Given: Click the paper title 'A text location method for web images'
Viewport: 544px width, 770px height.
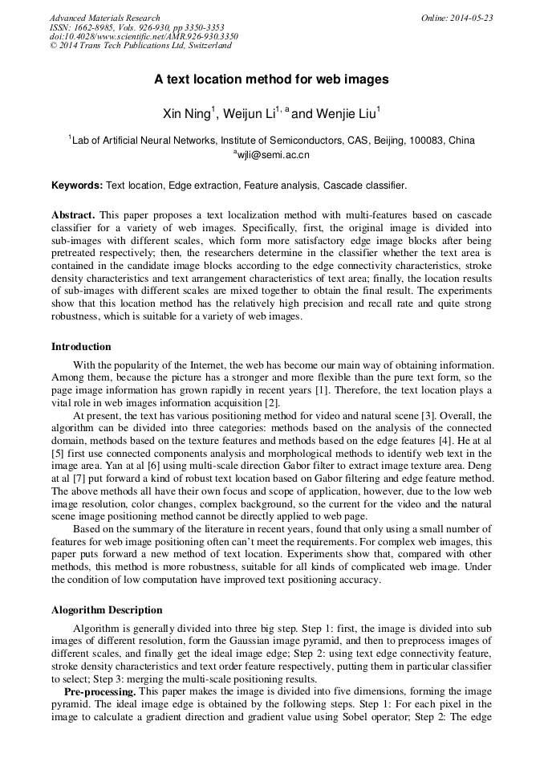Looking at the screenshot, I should click(x=271, y=79).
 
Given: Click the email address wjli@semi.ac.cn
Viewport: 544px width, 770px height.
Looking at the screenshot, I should click(x=273, y=154).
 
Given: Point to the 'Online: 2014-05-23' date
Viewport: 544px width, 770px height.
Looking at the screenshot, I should click(x=457, y=18).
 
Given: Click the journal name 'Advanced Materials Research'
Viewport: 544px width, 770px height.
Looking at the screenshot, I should click(x=104, y=18).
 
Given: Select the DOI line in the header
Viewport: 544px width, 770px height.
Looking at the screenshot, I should click(x=144, y=36).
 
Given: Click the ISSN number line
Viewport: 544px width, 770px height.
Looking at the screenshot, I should click(x=137, y=27).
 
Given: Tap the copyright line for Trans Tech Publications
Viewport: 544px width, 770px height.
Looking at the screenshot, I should click(x=140, y=46).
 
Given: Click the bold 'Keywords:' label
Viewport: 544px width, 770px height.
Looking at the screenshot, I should click(x=77, y=185).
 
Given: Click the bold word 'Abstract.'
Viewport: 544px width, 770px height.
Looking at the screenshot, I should click(x=73, y=217).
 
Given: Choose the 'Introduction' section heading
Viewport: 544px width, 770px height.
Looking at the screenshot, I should click(x=81, y=347).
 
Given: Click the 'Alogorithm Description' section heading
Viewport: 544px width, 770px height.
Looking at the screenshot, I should click(x=107, y=610).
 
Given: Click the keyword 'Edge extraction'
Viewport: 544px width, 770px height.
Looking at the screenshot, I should click(x=204, y=185).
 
